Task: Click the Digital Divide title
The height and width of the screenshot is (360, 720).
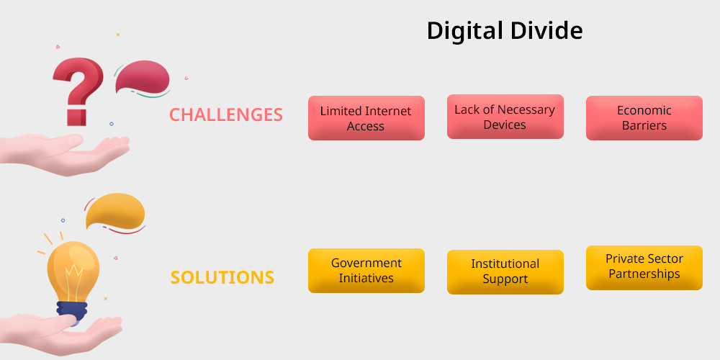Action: coord(505,31)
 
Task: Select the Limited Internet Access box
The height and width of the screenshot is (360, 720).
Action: coord(366,118)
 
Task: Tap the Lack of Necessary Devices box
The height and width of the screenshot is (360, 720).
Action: coord(505,117)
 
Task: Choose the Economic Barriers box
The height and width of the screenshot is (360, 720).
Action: coord(644,118)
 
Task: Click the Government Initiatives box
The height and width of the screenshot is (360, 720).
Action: coord(366,271)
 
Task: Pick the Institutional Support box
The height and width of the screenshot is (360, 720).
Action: coord(505,272)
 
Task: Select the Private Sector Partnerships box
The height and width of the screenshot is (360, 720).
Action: coord(644,268)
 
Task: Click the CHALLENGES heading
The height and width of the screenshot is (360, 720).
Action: coord(226,114)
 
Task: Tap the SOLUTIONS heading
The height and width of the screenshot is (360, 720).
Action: coord(222,278)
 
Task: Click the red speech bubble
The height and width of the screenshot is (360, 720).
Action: coord(143,77)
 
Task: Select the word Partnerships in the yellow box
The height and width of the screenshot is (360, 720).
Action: coord(644,274)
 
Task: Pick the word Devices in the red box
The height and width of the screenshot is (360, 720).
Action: coord(505,125)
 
